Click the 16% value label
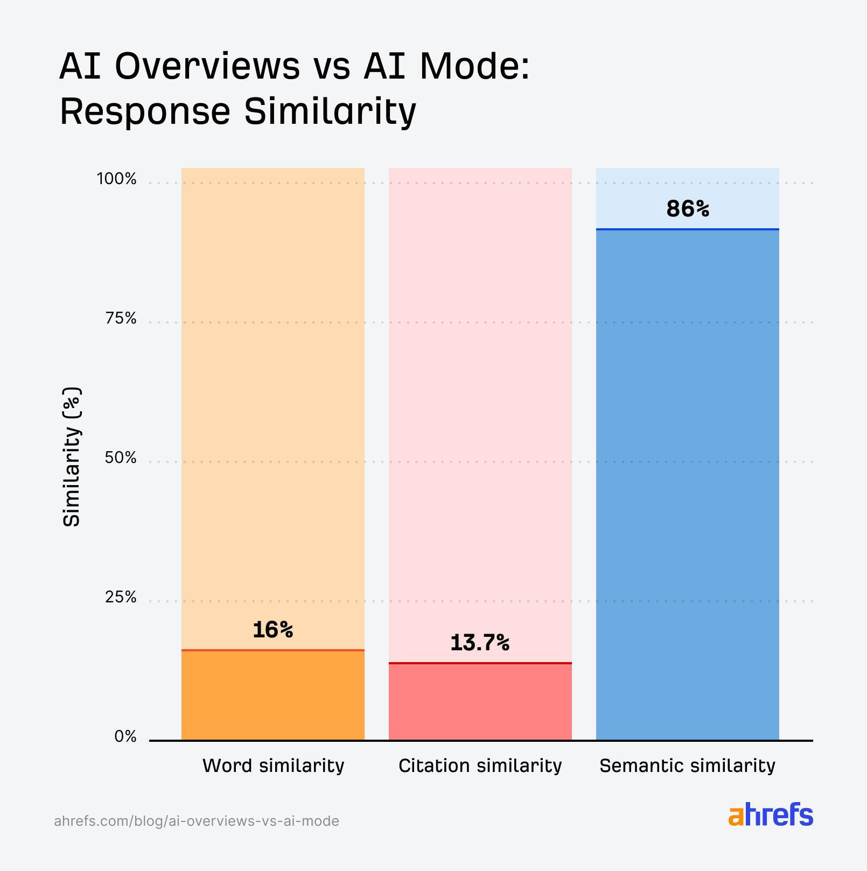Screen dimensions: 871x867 pyautogui.click(x=272, y=630)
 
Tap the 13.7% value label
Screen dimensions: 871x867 pyautogui.click(x=479, y=643)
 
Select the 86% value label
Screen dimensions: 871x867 pyautogui.click(x=687, y=209)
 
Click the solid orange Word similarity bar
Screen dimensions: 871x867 pyautogui.click(x=272, y=696)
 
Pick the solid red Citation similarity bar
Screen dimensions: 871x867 pyautogui.click(x=480, y=702)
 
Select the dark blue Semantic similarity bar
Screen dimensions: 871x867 pyautogui.click(x=687, y=484)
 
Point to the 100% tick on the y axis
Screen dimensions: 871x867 pyautogui.click(x=116, y=179)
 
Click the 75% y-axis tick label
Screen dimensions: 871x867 pyautogui.click(x=121, y=319)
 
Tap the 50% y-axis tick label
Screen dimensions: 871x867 pyautogui.click(x=120, y=458)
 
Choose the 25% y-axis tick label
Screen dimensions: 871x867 pyautogui.click(x=120, y=598)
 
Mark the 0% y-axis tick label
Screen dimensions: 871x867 pyautogui.click(x=125, y=737)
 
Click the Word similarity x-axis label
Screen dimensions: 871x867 pyautogui.click(x=273, y=765)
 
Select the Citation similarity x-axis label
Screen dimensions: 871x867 pyautogui.click(x=480, y=765)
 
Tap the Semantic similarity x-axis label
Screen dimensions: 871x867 pyautogui.click(x=687, y=765)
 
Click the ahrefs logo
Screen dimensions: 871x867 pyautogui.click(x=771, y=816)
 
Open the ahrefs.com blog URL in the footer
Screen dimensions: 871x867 pyautogui.click(x=197, y=821)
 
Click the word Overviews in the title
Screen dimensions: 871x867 pyautogui.click(x=207, y=67)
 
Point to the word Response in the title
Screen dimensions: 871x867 pyautogui.click(x=145, y=111)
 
